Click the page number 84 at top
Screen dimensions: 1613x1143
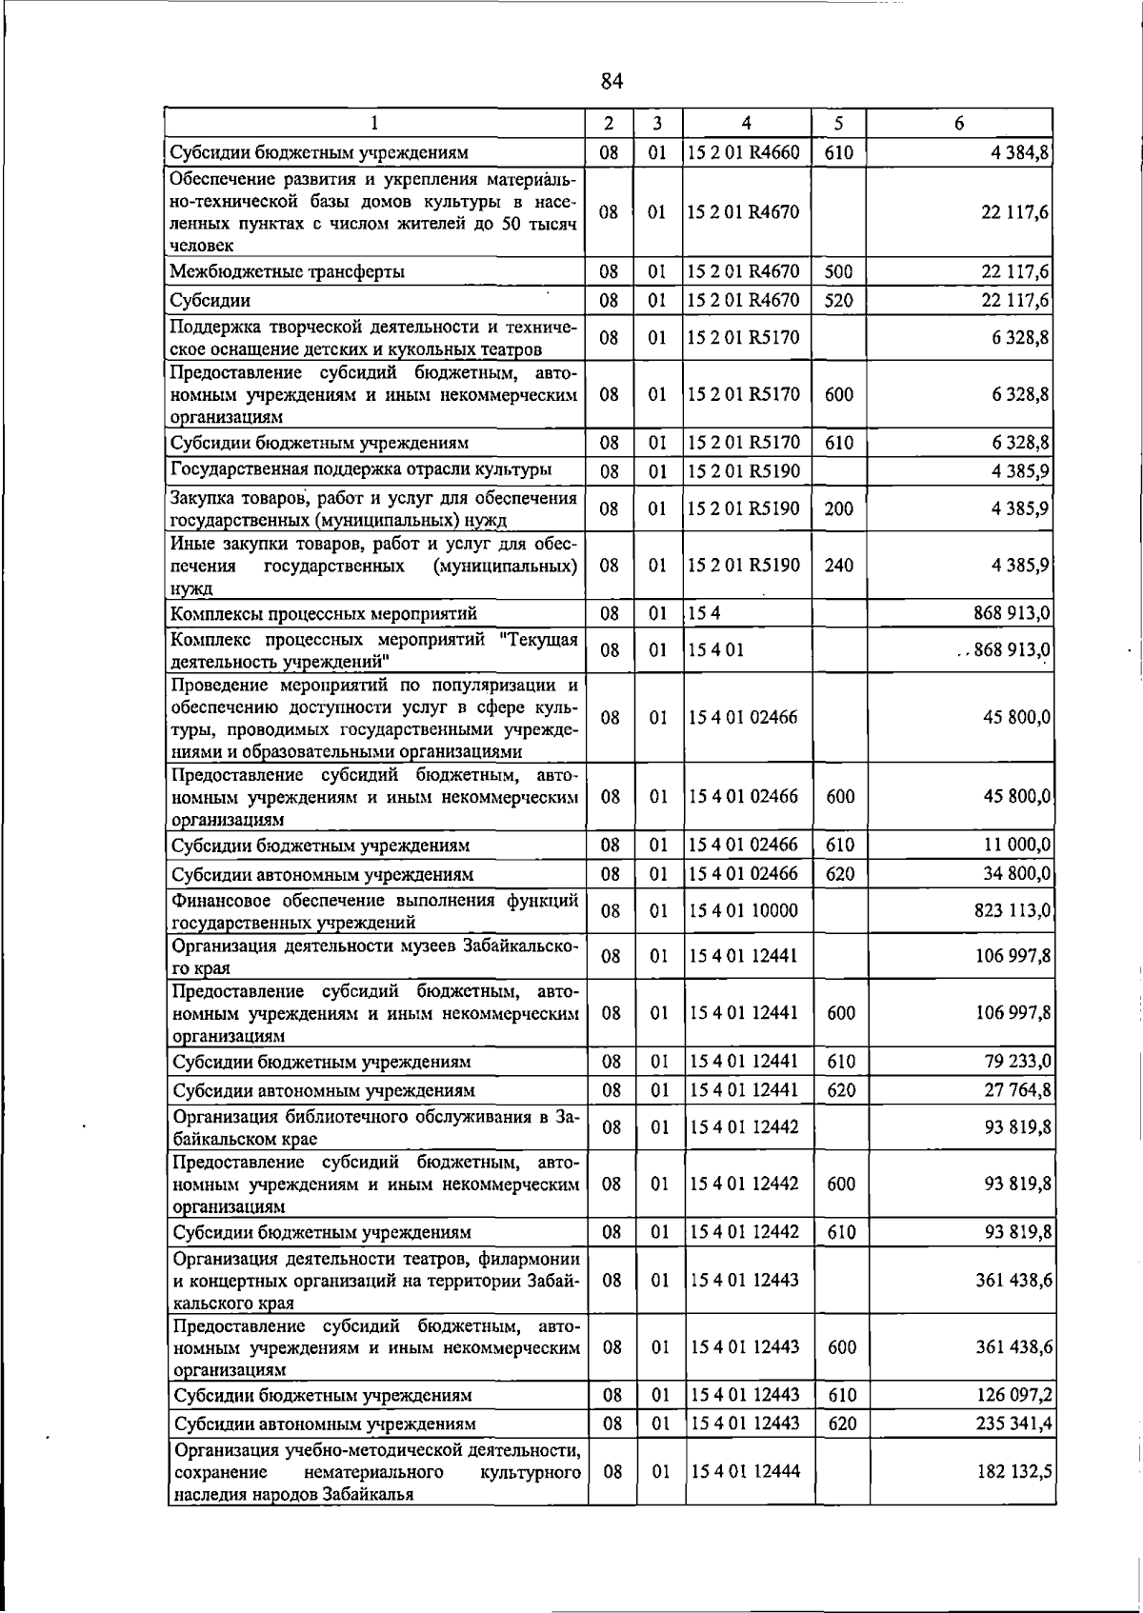coord(612,81)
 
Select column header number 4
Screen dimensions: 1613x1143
coord(746,123)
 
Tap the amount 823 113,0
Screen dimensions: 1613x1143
coord(1013,911)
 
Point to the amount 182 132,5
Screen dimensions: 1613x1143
coord(1013,1471)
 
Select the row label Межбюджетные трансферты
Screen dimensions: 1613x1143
coord(288,272)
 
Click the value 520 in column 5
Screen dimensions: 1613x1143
coord(838,301)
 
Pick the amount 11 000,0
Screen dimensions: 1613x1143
coord(1017,845)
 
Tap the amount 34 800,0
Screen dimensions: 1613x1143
coord(1017,873)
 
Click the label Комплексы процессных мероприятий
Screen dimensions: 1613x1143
coord(324,613)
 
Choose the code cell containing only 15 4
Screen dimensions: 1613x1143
coord(706,613)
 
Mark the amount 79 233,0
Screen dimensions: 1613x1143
coord(1017,1062)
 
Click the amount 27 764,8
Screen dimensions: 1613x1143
coord(1017,1090)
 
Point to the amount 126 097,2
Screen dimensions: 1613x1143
coord(1013,1395)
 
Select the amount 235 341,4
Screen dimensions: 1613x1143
coord(1013,1424)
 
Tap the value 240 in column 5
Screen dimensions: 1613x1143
coord(838,566)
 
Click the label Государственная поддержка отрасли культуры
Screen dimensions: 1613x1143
coord(361,469)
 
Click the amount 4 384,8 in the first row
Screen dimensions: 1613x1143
coord(1020,152)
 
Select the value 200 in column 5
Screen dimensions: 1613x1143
coord(838,508)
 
